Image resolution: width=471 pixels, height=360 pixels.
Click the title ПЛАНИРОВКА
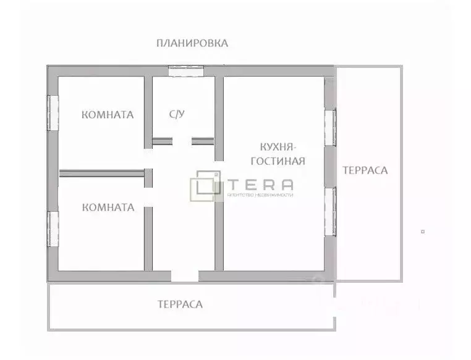click(192, 43)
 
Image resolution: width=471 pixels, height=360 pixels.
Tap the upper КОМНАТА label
click(108, 115)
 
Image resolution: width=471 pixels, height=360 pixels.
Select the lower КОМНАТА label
click(108, 207)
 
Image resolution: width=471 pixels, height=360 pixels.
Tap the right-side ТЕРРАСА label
click(365, 170)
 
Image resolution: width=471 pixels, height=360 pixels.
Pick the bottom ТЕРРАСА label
click(180, 304)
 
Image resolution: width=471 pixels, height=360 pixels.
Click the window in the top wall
click(186, 70)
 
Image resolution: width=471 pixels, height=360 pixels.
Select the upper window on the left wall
click(53, 112)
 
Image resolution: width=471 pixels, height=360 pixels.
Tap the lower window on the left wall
click(53, 228)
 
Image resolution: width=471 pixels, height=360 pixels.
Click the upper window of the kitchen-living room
click(331, 127)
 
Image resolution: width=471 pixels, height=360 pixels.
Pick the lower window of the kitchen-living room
click(331, 212)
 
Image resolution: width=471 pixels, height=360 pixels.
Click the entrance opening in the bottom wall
click(185, 276)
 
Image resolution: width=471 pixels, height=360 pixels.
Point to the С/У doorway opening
click(182, 141)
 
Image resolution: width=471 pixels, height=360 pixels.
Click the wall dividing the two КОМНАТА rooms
click(102, 174)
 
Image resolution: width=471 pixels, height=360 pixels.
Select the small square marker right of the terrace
click(423, 232)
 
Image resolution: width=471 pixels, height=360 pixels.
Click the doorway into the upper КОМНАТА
click(148, 157)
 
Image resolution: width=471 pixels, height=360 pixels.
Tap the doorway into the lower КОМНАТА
click(148, 197)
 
